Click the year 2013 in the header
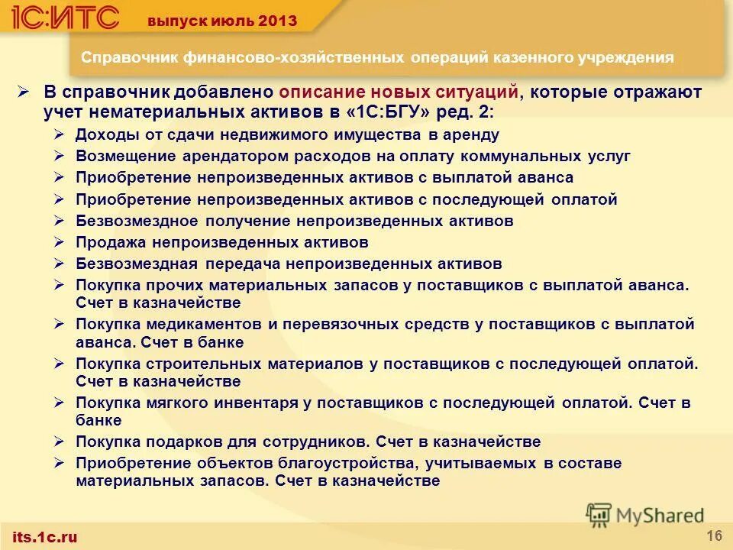tap(278, 20)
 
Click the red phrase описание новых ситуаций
tap(399, 92)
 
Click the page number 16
tap(714, 533)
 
